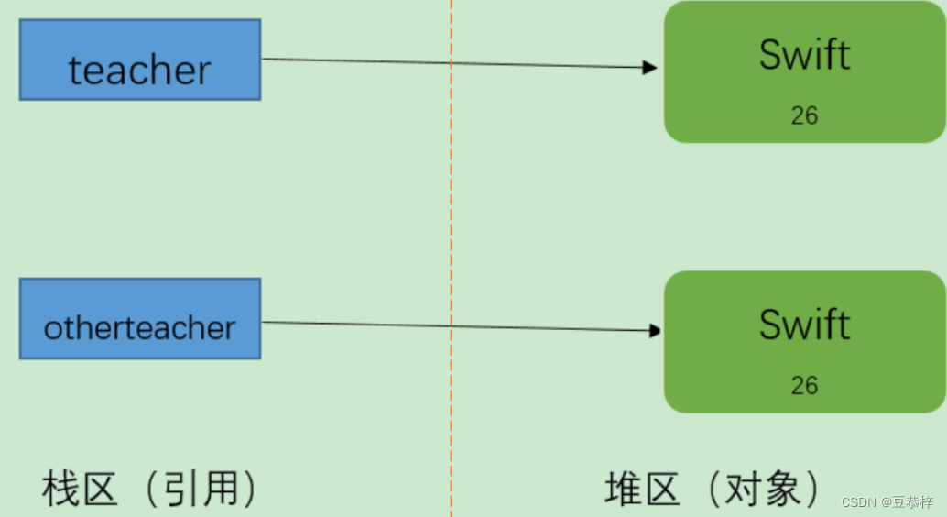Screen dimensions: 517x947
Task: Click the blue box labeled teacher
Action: point(140,60)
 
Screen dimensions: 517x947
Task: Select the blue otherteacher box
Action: point(140,319)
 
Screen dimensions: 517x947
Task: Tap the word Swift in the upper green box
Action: point(804,55)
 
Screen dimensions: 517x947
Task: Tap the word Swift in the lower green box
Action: point(804,324)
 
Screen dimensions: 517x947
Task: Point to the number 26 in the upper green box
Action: point(804,115)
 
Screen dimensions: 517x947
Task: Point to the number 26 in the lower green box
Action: point(804,385)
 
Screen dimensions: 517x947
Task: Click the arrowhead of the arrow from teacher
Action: point(651,67)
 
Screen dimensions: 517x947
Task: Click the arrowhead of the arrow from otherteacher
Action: point(656,330)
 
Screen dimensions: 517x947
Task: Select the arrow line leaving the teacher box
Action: point(366,61)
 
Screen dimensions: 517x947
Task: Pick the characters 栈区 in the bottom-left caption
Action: point(81,489)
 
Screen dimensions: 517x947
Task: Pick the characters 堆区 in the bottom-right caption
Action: point(643,489)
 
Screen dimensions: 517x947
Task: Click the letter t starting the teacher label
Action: point(75,71)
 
